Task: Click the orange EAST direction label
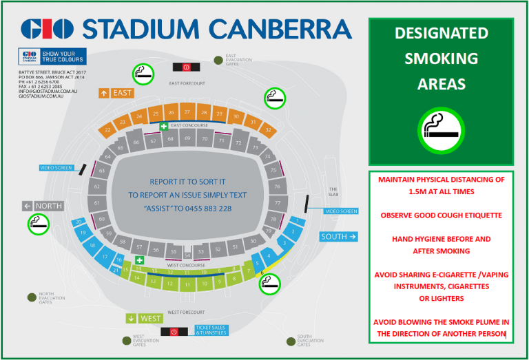click(x=116, y=92)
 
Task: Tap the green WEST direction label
click(x=145, y=318)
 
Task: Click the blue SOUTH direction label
click(x=339, y=236)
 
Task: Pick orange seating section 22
click(x=107, y=129)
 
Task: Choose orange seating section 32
click(x=268, y=128)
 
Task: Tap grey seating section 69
click(x=187, y=138)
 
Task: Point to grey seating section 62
click(x=97, y=187)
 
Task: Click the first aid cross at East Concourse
click(x=164, y=126)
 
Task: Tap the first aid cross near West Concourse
click(x=139, y=260)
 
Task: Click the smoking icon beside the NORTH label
click(x=36, y=223)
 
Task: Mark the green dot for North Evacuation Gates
click(x=32, y=297)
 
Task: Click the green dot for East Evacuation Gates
click(x=218, y=60)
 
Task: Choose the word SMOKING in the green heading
click(x=441, y=59)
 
